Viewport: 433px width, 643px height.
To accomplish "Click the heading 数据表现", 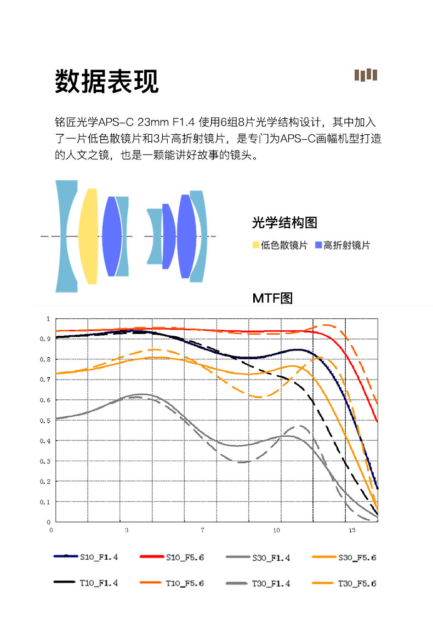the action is pyautogui.click(x=107, y=81).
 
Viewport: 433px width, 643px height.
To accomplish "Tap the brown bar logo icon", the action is pyautogui.click(x=366, y=74).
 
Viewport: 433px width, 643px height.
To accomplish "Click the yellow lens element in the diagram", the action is pyautogui.click(x=89, y=236).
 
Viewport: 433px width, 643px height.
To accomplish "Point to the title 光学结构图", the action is pyautogui.click(x=284, y=223).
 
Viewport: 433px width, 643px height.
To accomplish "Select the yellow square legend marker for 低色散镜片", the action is pyautogui.click(x=256, y=245).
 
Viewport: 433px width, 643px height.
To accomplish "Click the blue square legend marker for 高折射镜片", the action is pyautogui.click(x=318, y=245).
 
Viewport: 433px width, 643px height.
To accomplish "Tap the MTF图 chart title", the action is pyautogui.click(x=272, y=298).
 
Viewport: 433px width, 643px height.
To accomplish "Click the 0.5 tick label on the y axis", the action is pyautogui.click(x=45, y=421).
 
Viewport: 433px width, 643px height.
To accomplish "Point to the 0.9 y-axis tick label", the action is pyautogui.click(x=45, y=339).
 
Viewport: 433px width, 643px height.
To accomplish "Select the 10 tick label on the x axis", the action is pyautogui.click(x=277, y=530).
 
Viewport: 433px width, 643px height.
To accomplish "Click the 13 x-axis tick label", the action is pyautogui.click(x=352, y=530).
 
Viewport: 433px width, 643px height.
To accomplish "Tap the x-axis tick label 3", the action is pyautogui.click(x=127, y=530).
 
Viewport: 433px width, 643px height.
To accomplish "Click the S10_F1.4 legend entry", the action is pyautogui.click(x=86, y=557).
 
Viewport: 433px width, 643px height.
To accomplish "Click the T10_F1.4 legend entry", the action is pyautogui.click(x=86, y=583).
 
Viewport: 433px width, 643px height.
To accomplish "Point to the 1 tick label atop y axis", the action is pyautogui.click(x=48, y=319).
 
